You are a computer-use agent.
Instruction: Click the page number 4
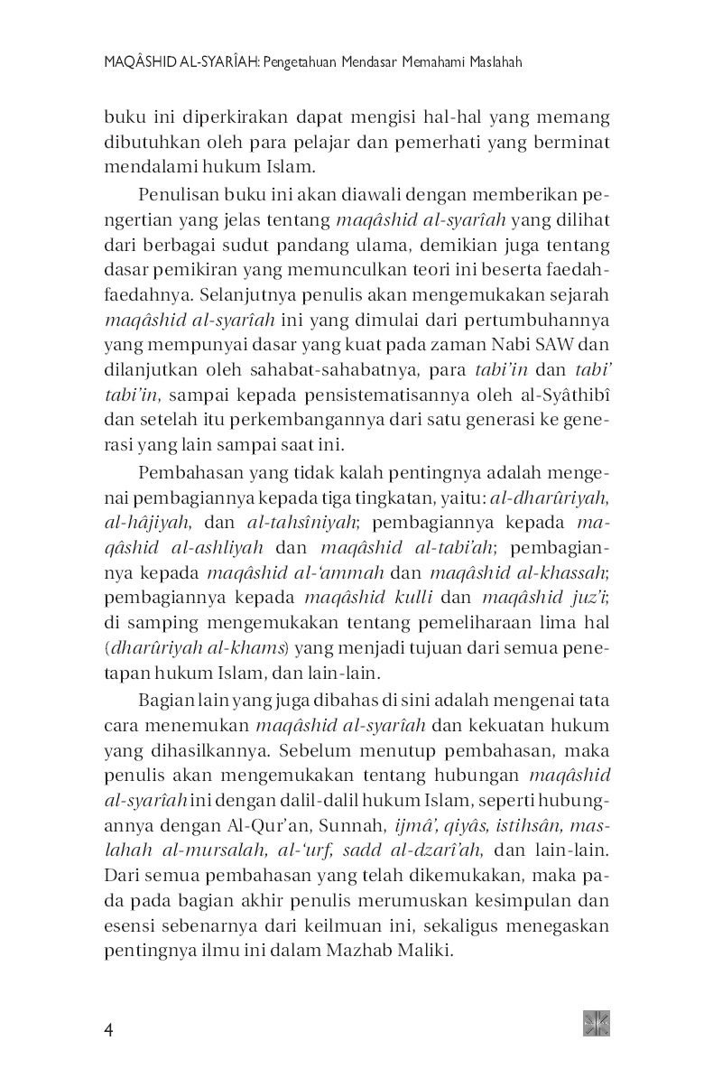pyautogui.click(x=107, y=1030)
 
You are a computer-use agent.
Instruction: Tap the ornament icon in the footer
pyautogui.click(x=597, y=1022)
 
